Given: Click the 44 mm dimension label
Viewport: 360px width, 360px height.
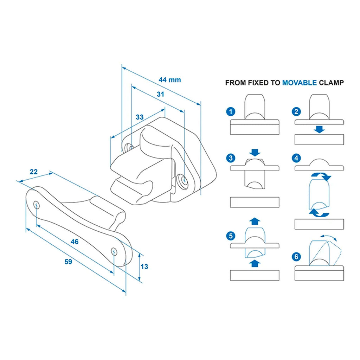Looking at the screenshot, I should [x=169, y=80].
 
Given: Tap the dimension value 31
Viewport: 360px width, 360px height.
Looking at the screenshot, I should [x=160, y=94].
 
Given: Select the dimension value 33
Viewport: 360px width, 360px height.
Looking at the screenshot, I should [x=140, y=117].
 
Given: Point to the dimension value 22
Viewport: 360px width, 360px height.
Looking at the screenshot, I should [x=33, y=172].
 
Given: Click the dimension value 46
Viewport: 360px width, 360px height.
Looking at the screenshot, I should [x=75, y=242].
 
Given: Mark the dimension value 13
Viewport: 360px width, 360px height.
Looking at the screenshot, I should [x=144, y=266].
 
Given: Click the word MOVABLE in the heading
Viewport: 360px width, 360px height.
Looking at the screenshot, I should [x=299, y=83].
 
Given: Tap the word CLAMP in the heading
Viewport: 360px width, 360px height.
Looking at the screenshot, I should [x=331, y=83].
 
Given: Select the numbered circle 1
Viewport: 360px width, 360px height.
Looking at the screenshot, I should [x=230, y=112].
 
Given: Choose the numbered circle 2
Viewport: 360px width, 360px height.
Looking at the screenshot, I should [x=296, y=112].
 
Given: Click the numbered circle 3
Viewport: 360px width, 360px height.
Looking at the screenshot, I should [x=230, y=158].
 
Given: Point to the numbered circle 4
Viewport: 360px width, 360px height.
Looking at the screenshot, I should [x=296, y=158].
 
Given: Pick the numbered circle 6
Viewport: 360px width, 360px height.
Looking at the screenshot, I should [x=296, y=257].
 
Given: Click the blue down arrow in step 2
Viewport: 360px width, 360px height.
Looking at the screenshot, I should [x=319, y=129].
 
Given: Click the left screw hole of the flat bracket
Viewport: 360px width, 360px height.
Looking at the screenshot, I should [x=37, y=205].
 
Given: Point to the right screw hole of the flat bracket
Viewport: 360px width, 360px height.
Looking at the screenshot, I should [x=114, y=251].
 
